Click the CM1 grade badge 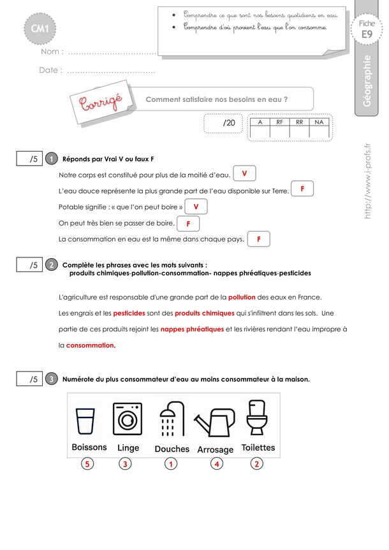pos(40,28)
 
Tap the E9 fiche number pos(366,36)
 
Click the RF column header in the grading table pos(280,122)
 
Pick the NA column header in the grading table pos(319,122)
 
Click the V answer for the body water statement pos(244,173)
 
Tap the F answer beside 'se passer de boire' pos(188,224)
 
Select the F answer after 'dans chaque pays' pos(258,239)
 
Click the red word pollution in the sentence pos(242,297)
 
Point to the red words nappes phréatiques pos(192,329)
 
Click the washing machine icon pos(128,418)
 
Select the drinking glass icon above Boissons pos(85,421)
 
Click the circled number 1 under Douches pos(170,464)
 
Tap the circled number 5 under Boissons pos(87,464)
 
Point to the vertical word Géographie pos(367,82)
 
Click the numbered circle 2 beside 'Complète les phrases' pos(52,264)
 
